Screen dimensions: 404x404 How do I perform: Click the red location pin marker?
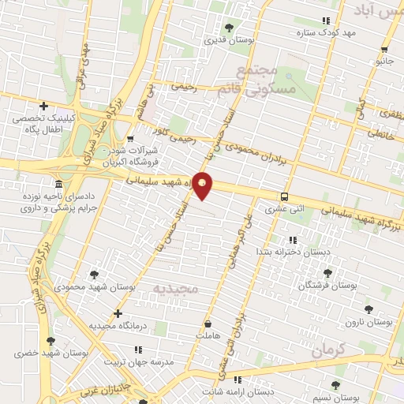click(203, 185)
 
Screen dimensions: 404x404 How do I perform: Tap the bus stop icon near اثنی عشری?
click(283, 197)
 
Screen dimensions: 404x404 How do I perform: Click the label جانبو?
click(384, 60)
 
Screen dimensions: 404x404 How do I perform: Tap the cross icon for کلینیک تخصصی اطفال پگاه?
click(44, 106)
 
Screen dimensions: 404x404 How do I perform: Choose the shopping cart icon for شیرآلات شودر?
click(130, 139)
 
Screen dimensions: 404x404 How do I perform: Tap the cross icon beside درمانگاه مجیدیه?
click(118, 313)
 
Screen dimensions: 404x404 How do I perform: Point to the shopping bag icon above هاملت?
click(208, 324)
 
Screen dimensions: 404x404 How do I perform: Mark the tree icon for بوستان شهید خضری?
click(51, 342)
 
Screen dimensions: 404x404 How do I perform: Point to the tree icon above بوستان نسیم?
click(335, 385)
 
